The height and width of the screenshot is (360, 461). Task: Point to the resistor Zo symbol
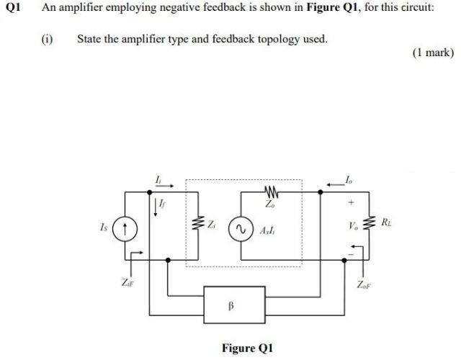[272, 193]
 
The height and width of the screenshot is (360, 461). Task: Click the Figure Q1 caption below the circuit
[247, 348]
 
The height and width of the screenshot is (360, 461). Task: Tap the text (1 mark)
[432, 53]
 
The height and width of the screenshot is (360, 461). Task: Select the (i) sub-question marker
[47, 39]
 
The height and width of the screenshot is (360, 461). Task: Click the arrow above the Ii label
[160, 184]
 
